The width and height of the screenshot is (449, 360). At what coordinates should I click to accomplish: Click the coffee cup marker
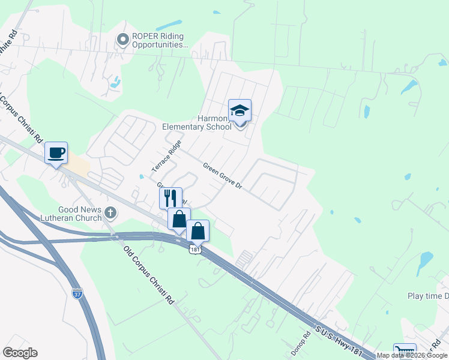tap(56, 153)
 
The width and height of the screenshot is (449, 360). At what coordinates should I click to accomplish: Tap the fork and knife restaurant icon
tap(170, 197)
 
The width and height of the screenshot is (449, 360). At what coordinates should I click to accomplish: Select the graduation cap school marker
tap(240, 111)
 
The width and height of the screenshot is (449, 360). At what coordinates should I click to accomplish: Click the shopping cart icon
tap(404, 352)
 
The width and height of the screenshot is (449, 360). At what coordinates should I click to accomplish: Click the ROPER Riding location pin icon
tap(124, 40)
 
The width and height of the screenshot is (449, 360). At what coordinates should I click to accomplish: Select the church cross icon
tap(110, 212)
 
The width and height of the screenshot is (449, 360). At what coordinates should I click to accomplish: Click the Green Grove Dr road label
tap(222, 176)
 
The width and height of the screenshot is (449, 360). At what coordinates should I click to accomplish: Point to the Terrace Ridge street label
tap(166, 154)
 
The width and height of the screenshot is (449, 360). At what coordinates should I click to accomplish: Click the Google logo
tap(20, 353)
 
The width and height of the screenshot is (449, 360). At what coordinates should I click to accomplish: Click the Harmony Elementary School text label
tap(197, 122)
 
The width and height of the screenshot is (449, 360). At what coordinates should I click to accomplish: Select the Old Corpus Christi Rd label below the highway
tap(148, 275)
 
